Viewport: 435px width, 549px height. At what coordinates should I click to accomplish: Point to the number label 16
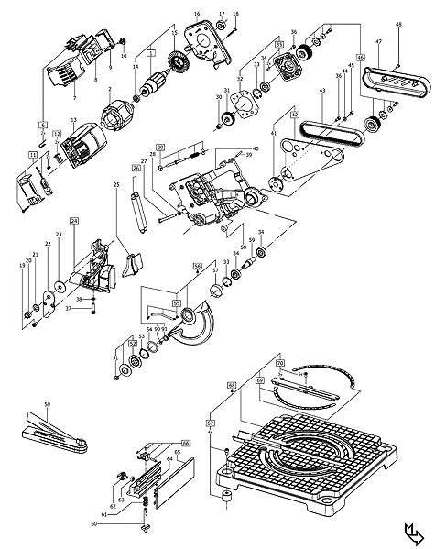click(x=196, y=14)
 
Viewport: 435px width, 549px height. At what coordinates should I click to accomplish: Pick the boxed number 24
click(x=73, y=221)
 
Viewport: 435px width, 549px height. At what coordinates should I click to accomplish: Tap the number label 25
click(x=116, y=185)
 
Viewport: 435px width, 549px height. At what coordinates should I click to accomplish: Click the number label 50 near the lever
click(x=47, y=404)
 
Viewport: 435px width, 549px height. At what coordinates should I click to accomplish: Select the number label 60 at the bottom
click(x=93, y=523)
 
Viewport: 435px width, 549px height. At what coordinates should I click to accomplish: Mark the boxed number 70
click(x=280, y=363)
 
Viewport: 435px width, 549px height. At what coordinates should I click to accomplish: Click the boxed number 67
click(x=210, y=423)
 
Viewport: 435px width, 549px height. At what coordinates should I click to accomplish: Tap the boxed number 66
click(x=185, y=443)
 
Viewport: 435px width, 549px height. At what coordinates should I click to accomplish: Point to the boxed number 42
click(x=269, y=115)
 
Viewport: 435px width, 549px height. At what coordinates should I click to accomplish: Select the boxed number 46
click(x=360, y=57)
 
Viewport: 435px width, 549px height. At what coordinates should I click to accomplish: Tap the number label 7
click(x=74, y=96)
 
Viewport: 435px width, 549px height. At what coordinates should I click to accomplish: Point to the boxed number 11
click(x=33, y=156)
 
